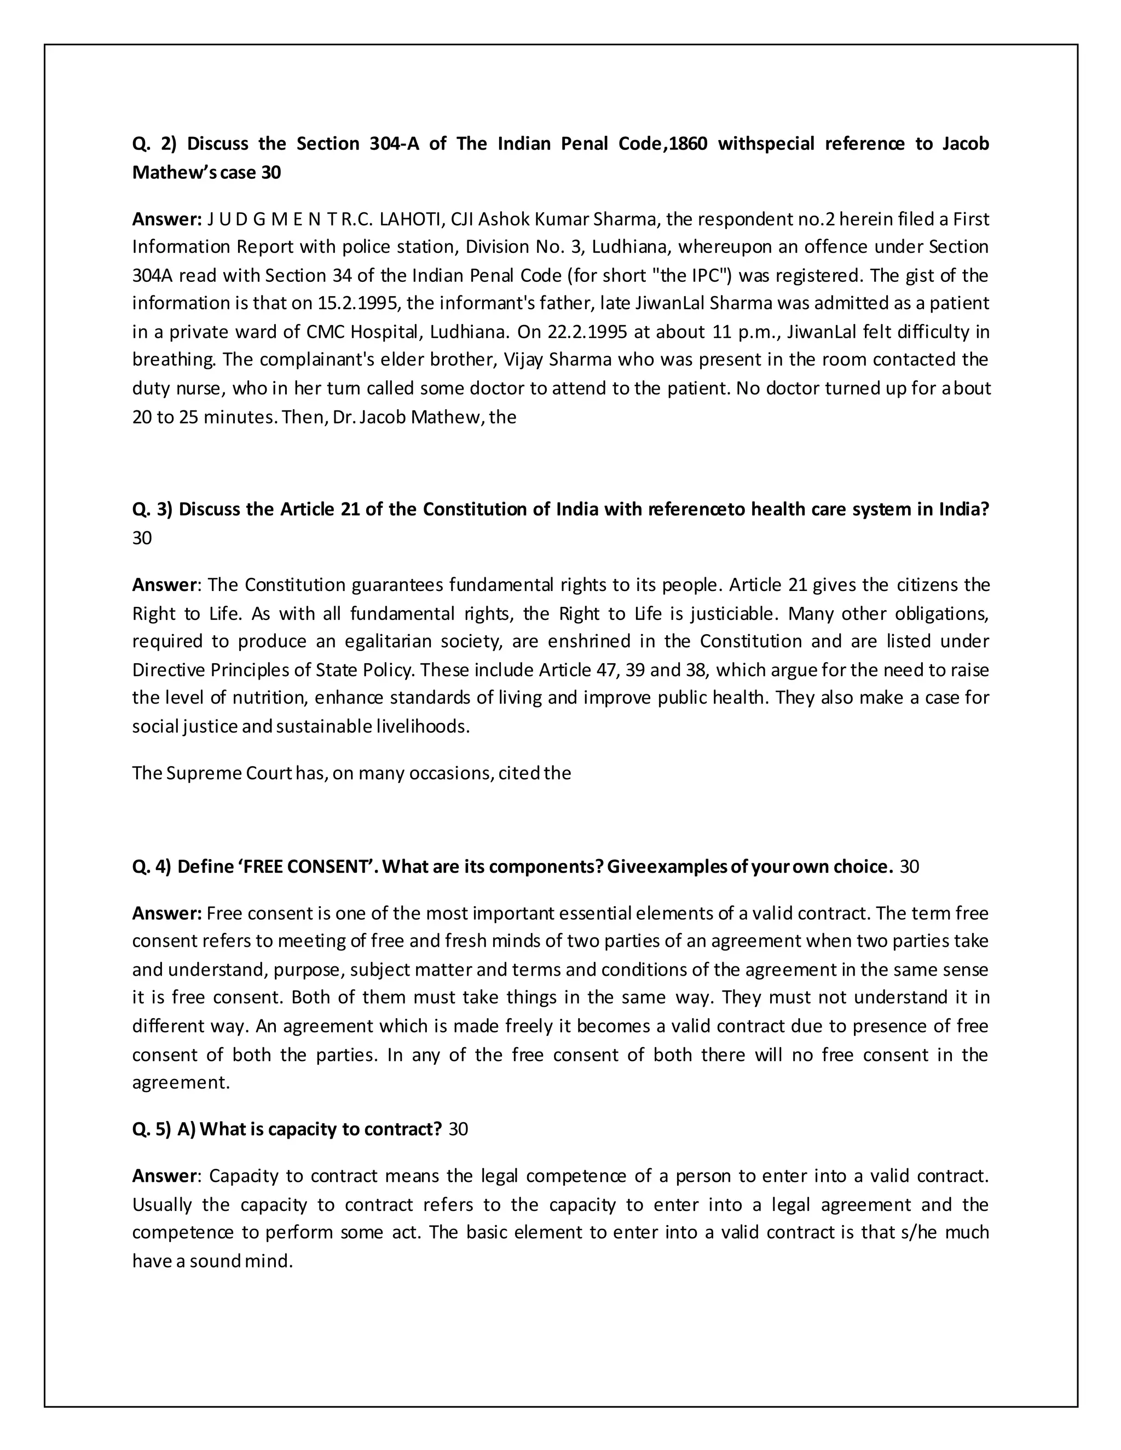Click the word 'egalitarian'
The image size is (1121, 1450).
396,641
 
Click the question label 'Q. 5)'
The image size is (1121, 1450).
152,1129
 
